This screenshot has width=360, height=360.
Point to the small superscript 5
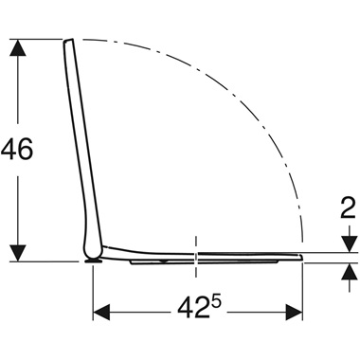click(x=219, y=300)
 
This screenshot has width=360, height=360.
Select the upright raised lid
click(x=81, y=142)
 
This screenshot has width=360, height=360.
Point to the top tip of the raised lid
click(x=68, y=42)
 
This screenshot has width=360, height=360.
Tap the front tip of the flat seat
click(x=300, y=257)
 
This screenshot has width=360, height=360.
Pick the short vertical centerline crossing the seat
click(x=196, y=254)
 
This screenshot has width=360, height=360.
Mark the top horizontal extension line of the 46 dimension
click(x=38, y=39)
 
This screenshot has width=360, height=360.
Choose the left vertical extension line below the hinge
click(x=93, y=289)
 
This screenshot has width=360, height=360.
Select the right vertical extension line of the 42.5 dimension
click(x=303, y=289)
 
